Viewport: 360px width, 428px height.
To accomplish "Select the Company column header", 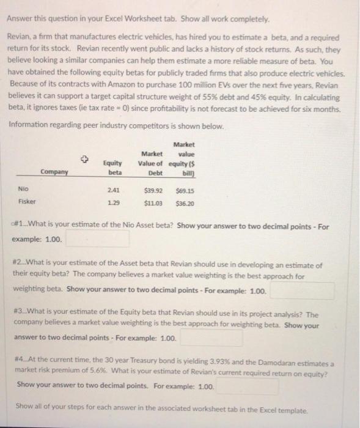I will click(x=54, y=173).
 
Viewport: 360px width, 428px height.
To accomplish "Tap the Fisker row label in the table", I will click(x=26, y=201).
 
